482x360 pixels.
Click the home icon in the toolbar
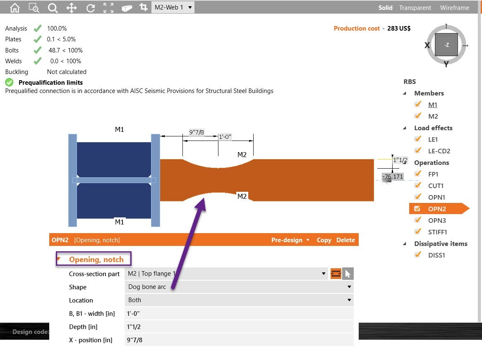(14, 7)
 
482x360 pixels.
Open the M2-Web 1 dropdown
(173, 7)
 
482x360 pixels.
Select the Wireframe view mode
(454, 7)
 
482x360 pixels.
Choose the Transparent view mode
(415, 7)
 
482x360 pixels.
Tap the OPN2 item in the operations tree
(436, 209)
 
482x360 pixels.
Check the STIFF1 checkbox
(417, 231)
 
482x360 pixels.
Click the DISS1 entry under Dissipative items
(436, 255)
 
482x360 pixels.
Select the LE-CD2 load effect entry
(439, 151)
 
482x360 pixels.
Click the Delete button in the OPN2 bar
(345, 240)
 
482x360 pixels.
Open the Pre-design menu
(290, 240)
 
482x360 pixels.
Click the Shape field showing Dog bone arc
(239, 287)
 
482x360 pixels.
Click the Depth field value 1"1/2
(239, 327)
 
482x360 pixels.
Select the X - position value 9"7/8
(239, 340)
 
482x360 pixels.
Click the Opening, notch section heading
(96, 260)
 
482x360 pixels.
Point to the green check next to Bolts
(38, 50)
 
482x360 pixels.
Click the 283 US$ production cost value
(399, 29)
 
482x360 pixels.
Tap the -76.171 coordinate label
(393, 176)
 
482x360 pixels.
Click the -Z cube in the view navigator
(446, 45)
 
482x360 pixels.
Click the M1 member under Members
(433, 105)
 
